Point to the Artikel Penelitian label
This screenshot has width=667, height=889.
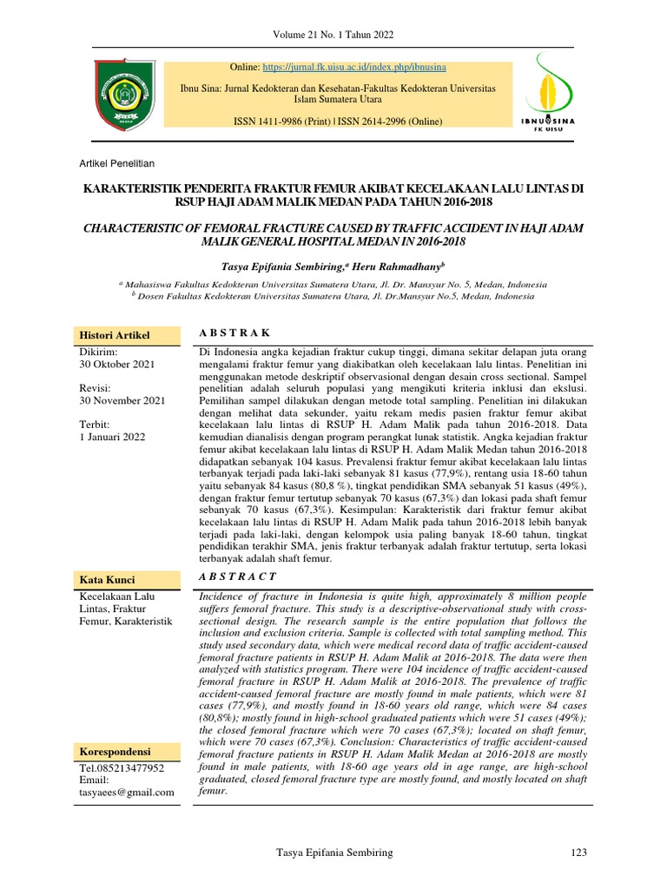click(116, 163)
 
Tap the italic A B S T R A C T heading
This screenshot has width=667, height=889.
click(238, 576)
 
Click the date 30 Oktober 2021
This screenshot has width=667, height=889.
click(117, 365)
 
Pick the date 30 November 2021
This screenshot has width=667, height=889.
click(122, 400)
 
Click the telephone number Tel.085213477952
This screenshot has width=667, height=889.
click(122, 768)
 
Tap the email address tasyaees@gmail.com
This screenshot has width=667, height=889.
click(127, 792)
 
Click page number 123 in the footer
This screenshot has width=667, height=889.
click(580, 853)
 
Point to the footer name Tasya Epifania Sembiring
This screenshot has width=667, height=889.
click(333, 853)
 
